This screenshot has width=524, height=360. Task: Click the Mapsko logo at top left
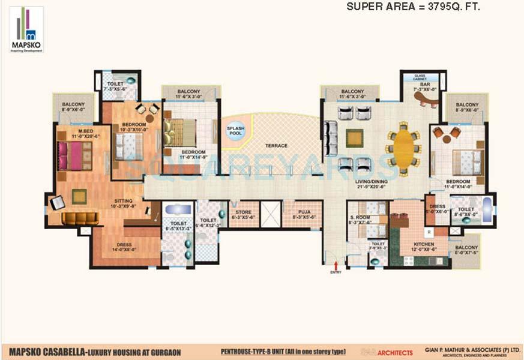[26, 30]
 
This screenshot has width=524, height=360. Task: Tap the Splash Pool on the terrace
[235, 131]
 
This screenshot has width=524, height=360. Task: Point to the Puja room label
[300, 214]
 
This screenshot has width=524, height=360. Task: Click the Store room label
[244, 214]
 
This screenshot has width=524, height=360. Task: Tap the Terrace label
[277, 146]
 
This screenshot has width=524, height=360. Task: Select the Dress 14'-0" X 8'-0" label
[124, 247]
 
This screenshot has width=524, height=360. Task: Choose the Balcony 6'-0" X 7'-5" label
[466, 250]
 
